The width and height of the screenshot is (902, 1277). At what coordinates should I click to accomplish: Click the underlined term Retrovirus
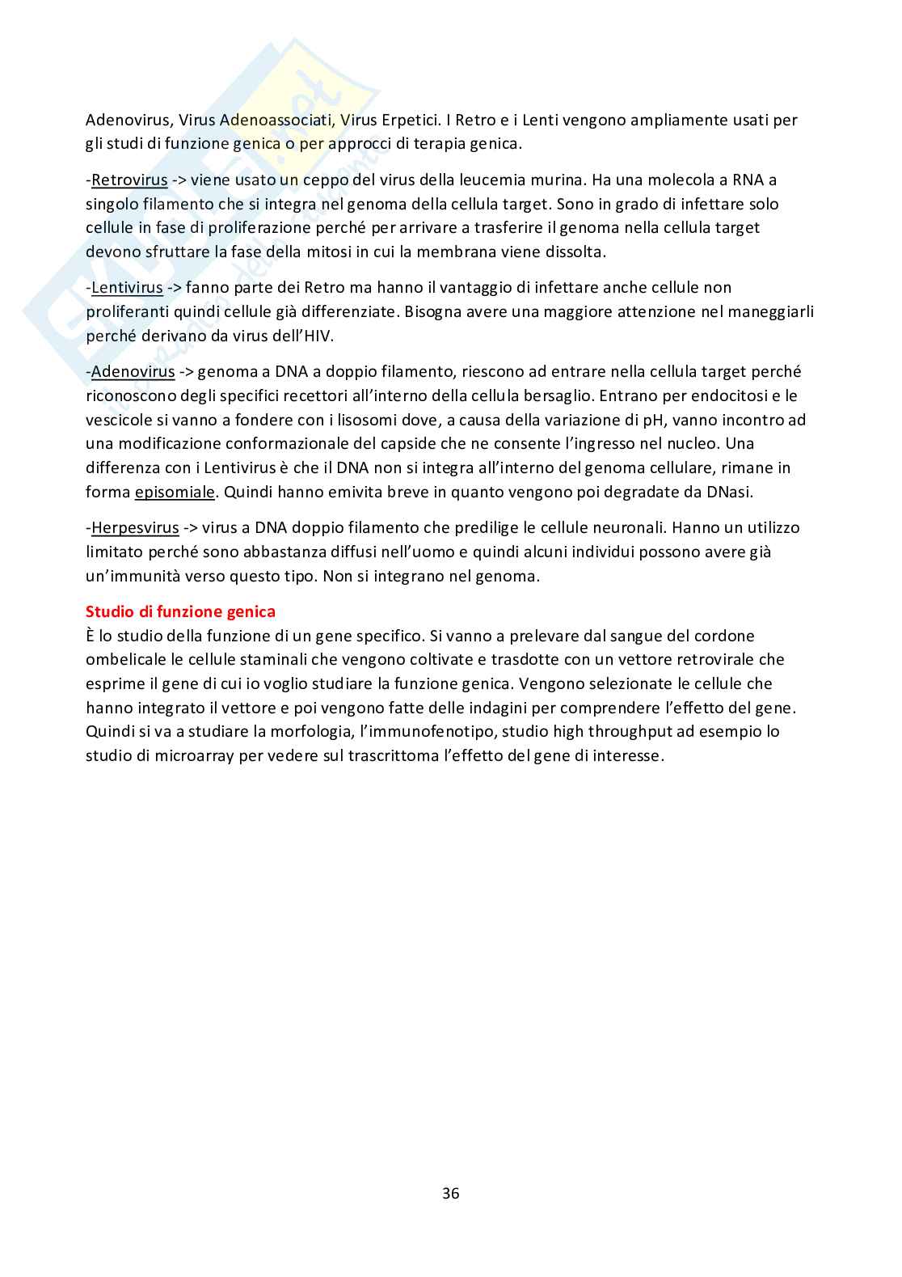pyautogui.click(x=129, y=180)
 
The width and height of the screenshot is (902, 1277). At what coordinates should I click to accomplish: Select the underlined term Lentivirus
pyautogui.click(x=127, y=287)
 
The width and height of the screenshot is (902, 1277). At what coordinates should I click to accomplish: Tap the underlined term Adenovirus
pyautogui.click(x=133, y=372)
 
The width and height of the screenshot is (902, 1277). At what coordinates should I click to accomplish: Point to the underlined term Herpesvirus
pyautogui.click(x=135, y=528)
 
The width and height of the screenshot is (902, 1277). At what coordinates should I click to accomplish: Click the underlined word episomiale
pyautogui.click(x=175, y=492)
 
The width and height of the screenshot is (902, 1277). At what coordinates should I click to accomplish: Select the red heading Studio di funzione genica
pyautogui.click(x=180, y=611)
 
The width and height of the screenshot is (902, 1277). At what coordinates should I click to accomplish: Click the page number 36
pyautogui.click(x=451, y=1193)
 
